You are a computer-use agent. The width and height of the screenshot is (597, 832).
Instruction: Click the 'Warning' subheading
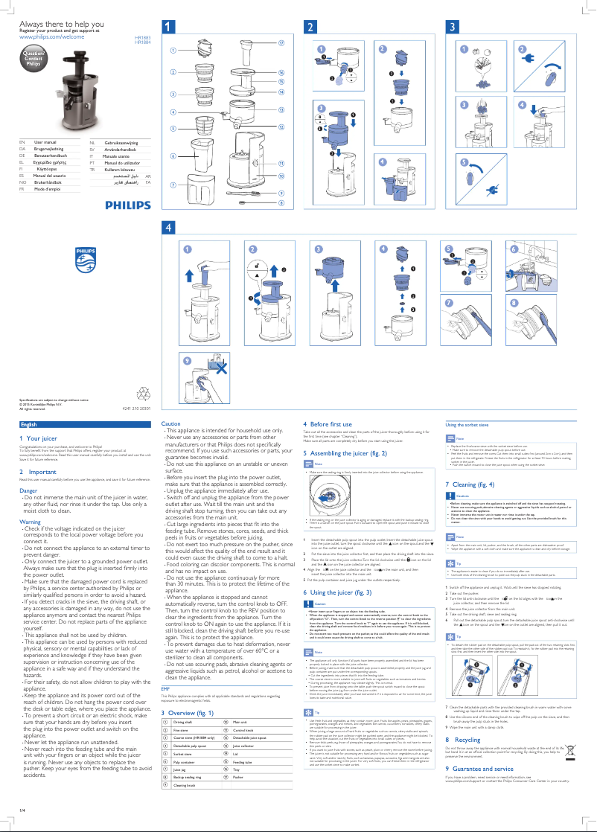[30, 522]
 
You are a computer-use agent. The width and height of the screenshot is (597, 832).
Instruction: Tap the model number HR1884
[142, 42]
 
